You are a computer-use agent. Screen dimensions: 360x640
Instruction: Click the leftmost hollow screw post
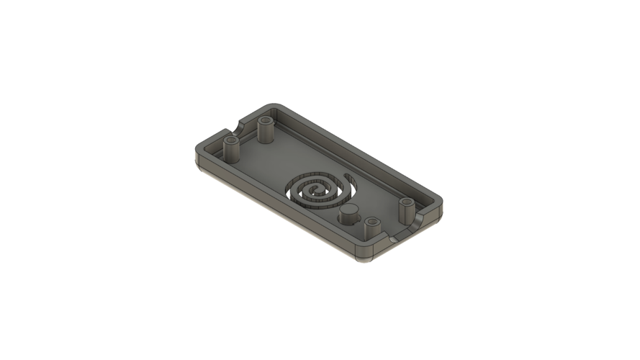232,149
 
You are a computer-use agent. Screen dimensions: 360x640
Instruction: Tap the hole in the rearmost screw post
265,120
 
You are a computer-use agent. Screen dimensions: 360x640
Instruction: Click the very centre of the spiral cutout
317,191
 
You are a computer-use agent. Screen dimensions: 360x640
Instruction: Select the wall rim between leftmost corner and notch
212,140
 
